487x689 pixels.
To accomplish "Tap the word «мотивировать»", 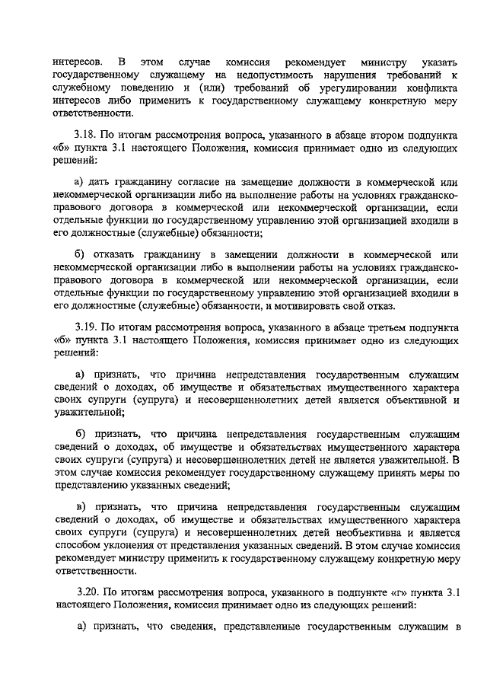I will click(309, 307).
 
